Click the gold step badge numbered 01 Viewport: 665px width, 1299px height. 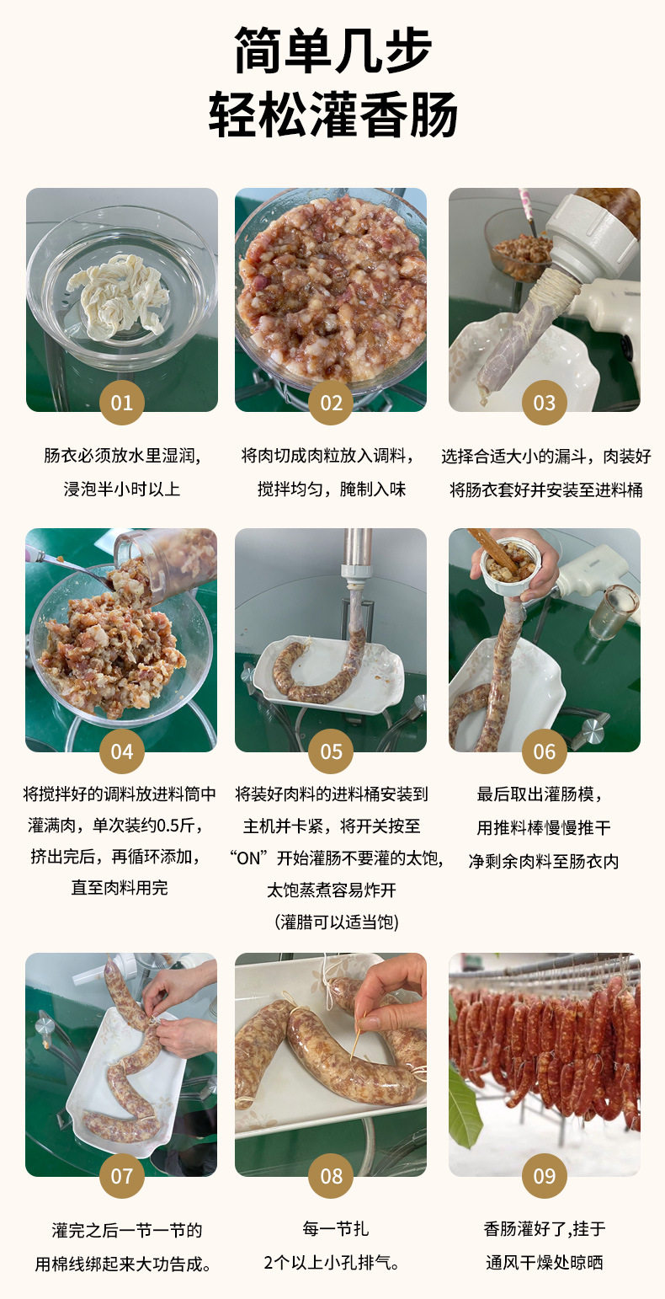(122, 403)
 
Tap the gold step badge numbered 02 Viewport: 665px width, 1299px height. (331, 403)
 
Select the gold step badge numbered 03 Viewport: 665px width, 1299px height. (544, 403)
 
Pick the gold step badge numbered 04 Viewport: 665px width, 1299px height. (122, 751)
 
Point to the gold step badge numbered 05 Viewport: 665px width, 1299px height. (331, 751)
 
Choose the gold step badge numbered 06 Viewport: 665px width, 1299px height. (544, 751)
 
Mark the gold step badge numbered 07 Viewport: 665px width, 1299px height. (122, 1176)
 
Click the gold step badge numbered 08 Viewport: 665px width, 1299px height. (331, 1176)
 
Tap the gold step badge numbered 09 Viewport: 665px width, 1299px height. (544, 1176)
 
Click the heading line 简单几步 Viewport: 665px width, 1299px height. (333, 51)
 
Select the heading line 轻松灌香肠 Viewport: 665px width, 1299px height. (333, 114)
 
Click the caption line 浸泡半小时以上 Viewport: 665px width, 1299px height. (122, 489)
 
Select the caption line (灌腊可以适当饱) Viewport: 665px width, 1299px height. (337, 922)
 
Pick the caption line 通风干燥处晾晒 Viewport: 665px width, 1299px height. (545, 1263)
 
